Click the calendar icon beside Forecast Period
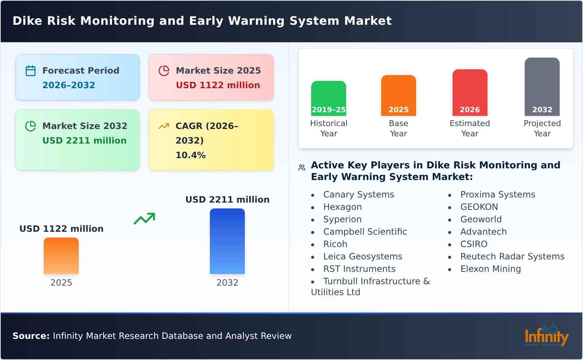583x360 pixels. tap(31, 71)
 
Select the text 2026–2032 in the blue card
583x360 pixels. tap(69, 85)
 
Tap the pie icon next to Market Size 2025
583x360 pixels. tap(164, 71)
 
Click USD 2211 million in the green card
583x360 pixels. tap(85, 141)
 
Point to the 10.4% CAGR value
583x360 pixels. tap(191, 155)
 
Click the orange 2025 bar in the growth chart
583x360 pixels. tap(61, 256)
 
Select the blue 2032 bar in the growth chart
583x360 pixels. tap(227, 241)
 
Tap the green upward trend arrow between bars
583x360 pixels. tap(144, 219)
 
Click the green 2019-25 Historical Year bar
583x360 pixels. tap(329, 98)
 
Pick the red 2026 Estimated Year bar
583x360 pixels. tap(470, 93)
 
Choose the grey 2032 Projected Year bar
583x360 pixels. tap(542, 87)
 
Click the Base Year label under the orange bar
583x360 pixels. tap(399, 128)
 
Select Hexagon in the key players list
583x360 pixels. tap(343, 207)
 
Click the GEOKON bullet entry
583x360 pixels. tap(479, 207)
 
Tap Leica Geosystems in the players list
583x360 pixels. tap(363, 257)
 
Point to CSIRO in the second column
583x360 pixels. tap(474, 244)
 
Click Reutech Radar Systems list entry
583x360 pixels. tap(512, 257)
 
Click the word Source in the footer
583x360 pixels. tap(31, 336)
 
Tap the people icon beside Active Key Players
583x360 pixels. tap(302, 168)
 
